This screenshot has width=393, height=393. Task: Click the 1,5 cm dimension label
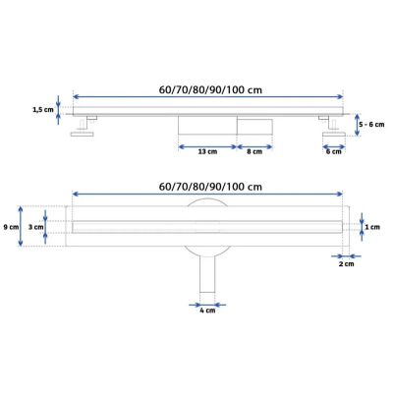pyautogui.click(x=43, y=110)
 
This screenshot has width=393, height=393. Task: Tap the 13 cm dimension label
pyautogui.click(x=207, y=151)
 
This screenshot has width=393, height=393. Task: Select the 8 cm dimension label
pyautogui.click(x=254, y=151)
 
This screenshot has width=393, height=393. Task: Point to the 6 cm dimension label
pyautogui.click(x=334, y=151)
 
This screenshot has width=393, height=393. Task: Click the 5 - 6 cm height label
pyautogui.click(x=371, y=125)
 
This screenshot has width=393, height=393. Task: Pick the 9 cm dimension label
pyautogui.click(x=11, y=227)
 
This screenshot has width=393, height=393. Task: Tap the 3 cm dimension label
pyautogui.click(x=35, y=227)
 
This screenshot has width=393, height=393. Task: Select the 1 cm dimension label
pyautogui.click(x=372, y=227)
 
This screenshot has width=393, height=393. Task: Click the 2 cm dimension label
pyautogui.click(x=347, y=264)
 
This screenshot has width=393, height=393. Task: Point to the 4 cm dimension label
pyautogui.click(x=207, y=310)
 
